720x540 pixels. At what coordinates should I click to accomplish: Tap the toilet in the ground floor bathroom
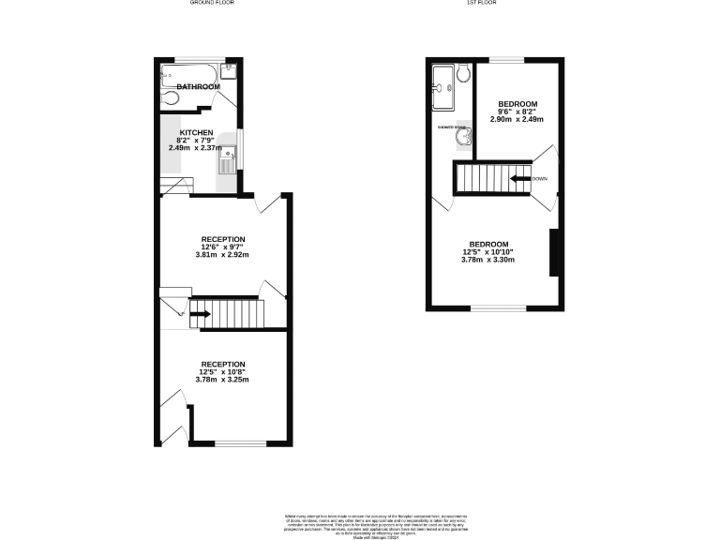click(x=168, y=97)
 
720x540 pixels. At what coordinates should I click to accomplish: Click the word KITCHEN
click(x=197, y=133)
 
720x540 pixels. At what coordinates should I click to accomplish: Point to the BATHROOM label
click(x=199, y=87)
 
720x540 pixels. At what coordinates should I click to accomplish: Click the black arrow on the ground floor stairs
click(x=200, y=314)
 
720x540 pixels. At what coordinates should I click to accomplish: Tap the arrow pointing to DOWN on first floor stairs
click(x=518, y=178)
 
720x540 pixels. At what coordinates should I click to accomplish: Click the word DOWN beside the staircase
click(x=539, y=178)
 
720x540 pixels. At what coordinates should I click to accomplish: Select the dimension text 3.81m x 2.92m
click(x=222, y=255)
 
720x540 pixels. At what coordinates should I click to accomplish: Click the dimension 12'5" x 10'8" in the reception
click(x=222, y=372)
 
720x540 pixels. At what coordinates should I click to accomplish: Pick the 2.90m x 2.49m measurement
click(x=517, y=120)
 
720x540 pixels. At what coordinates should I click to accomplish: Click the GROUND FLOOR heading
click(x=212, y=4)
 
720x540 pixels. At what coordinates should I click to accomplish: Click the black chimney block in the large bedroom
click(x=555, y=252)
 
